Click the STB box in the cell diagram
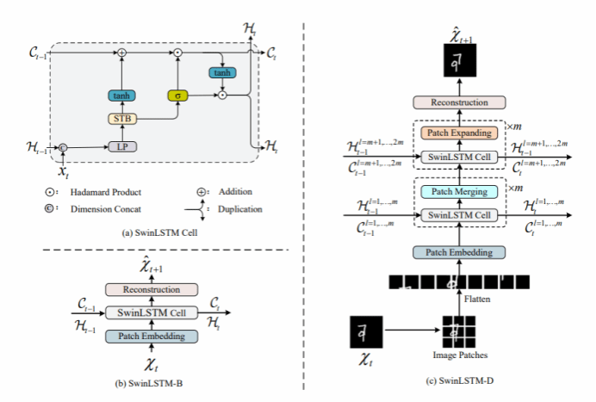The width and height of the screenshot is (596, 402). click(x=121, y=118)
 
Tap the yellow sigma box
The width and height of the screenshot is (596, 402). click(x=177, y=96)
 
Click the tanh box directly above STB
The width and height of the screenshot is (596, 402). click(x=121, y=96)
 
